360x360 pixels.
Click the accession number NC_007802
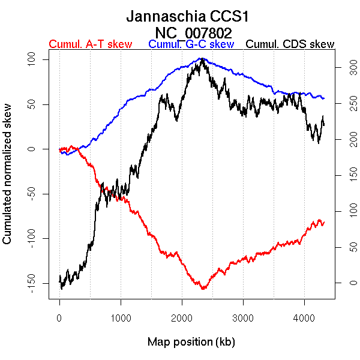pos(193,32)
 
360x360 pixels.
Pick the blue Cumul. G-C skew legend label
pos(191,44)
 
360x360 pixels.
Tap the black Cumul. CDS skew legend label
pos(290,44)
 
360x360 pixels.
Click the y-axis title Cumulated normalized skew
pos(8,181)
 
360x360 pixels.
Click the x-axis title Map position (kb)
pos(191,342)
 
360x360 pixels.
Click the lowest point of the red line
pos(203,289)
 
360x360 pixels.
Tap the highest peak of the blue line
pos(202,58)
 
